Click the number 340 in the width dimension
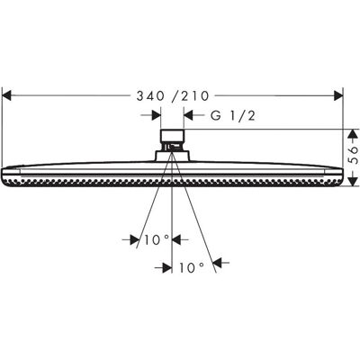pos(150,96)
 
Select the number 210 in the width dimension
pos(194,96)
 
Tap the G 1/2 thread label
pos(233,115)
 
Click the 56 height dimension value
pos(354,155)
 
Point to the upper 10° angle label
pos(157,239)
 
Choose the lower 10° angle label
pos(192,267)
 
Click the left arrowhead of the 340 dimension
pos(6,96)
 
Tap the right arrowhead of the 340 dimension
pos(338,96)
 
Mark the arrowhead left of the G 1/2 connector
pos(157,115)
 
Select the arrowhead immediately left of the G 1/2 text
pos(188,115)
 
